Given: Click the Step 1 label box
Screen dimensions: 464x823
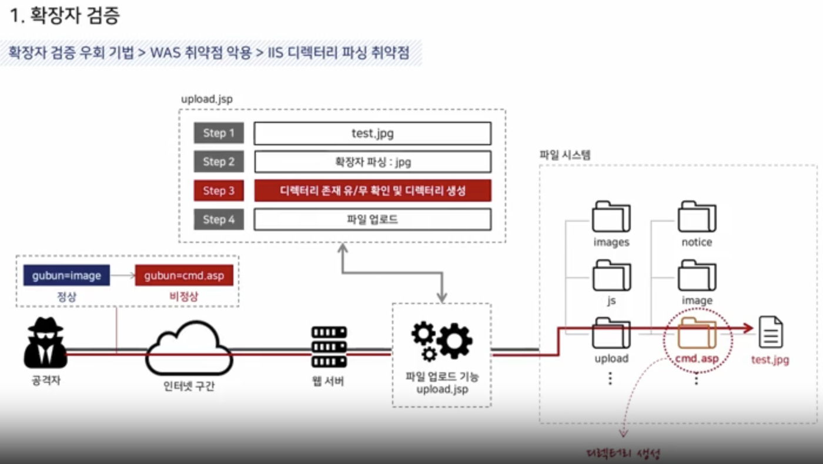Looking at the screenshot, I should pos(219,133).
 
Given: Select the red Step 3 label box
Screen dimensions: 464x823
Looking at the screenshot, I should pos(219,191).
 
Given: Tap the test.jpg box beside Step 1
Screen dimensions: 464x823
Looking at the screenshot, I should pos(372,133).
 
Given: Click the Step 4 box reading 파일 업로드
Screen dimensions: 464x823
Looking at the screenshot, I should pos(372,219).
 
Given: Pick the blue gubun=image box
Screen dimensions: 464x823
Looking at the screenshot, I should pos(66,275).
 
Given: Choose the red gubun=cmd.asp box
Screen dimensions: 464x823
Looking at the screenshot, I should pos(184,275).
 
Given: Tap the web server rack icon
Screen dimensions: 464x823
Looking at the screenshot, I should pos(329,348).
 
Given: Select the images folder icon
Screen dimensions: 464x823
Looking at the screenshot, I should pos(611,216).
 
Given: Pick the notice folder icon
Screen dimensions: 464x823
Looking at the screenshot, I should pos(697,216).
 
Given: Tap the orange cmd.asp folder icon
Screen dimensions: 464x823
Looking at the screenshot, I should pos(697,333).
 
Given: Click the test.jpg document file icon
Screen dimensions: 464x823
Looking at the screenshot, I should pos(771,332).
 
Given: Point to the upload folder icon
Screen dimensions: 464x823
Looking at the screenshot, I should pos(611,333).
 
